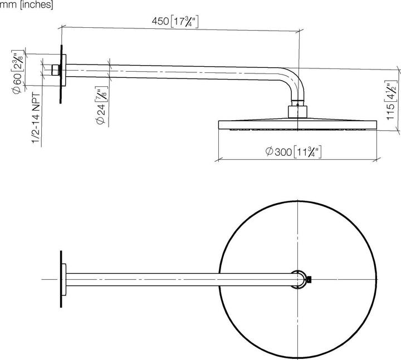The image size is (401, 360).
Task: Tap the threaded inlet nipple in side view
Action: click(x=55, y=70)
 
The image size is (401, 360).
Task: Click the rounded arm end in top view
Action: click(x=300, y=279)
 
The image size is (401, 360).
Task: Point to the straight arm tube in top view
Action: click(x=178, y=278)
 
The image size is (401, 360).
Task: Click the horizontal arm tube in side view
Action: click(x=178, y=70)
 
